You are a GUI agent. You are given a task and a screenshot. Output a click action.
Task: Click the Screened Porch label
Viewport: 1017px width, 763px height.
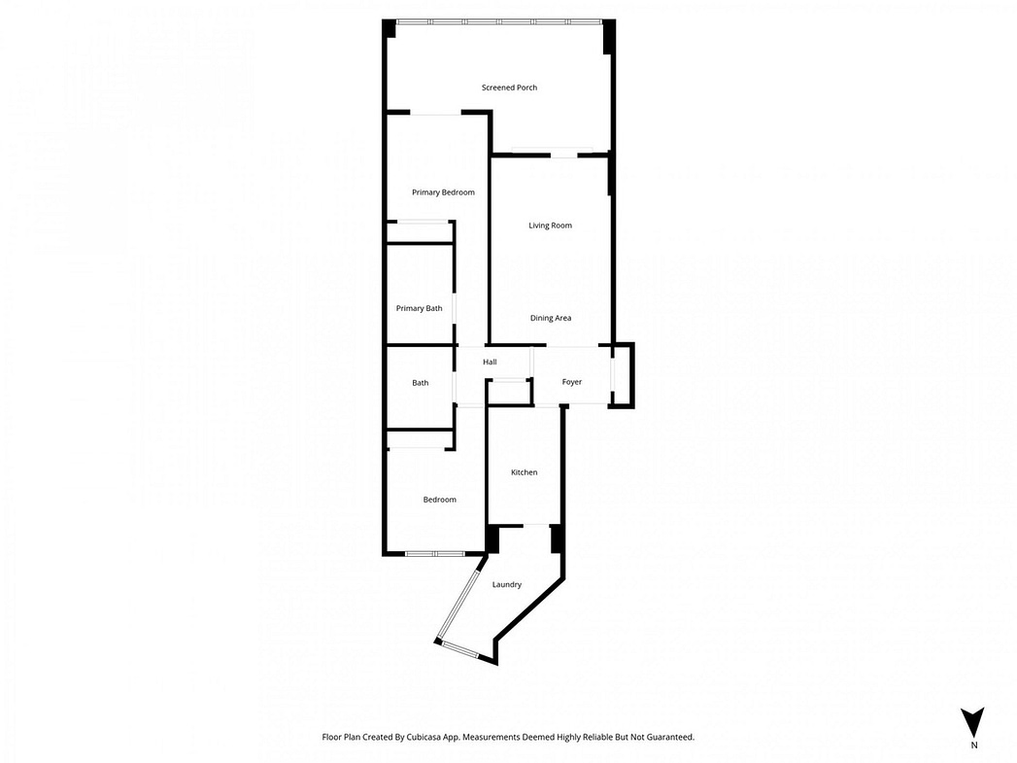[x=509, y=87]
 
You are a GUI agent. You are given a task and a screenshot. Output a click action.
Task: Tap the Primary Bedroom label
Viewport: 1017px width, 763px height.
[x=443, y=192]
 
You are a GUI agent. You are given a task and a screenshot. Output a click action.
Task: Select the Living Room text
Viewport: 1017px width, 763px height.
[x=550, y=225]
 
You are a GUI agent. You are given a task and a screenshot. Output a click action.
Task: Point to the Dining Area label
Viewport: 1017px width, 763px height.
[x=551, y=318]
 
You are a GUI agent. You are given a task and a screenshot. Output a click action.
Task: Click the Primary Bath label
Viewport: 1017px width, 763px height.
[x=419, y=308]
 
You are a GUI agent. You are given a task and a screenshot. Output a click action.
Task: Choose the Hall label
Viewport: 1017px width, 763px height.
[x=490, y=362]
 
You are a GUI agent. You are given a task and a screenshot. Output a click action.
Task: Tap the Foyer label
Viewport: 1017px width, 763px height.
[x=571, y=382]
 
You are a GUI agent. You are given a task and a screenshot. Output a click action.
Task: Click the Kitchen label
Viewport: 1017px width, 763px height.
[x=525, y=472]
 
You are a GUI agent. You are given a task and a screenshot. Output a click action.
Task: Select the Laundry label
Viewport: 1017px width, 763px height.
[x=506, y=584]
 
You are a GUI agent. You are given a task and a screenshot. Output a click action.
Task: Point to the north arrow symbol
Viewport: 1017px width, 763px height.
[x=972, y=722]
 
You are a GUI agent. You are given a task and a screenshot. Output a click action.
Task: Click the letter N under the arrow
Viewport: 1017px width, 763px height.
[x=973, y=746]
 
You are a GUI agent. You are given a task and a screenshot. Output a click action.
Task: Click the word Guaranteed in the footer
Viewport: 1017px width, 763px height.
[x=673, y=737]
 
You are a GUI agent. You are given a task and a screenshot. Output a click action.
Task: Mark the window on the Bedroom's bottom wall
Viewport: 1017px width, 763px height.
[x=435, y=553]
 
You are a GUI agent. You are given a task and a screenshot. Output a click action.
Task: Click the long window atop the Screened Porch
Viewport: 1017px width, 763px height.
[x=500, y=22]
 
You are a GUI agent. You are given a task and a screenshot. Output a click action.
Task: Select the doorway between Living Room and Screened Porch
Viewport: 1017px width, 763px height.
[x=563, y=155]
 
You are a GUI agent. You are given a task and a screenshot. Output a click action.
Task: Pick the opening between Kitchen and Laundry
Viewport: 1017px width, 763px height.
[x=536, y=525]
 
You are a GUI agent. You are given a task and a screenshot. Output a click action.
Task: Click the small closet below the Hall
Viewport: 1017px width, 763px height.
[x=509, y=392]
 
